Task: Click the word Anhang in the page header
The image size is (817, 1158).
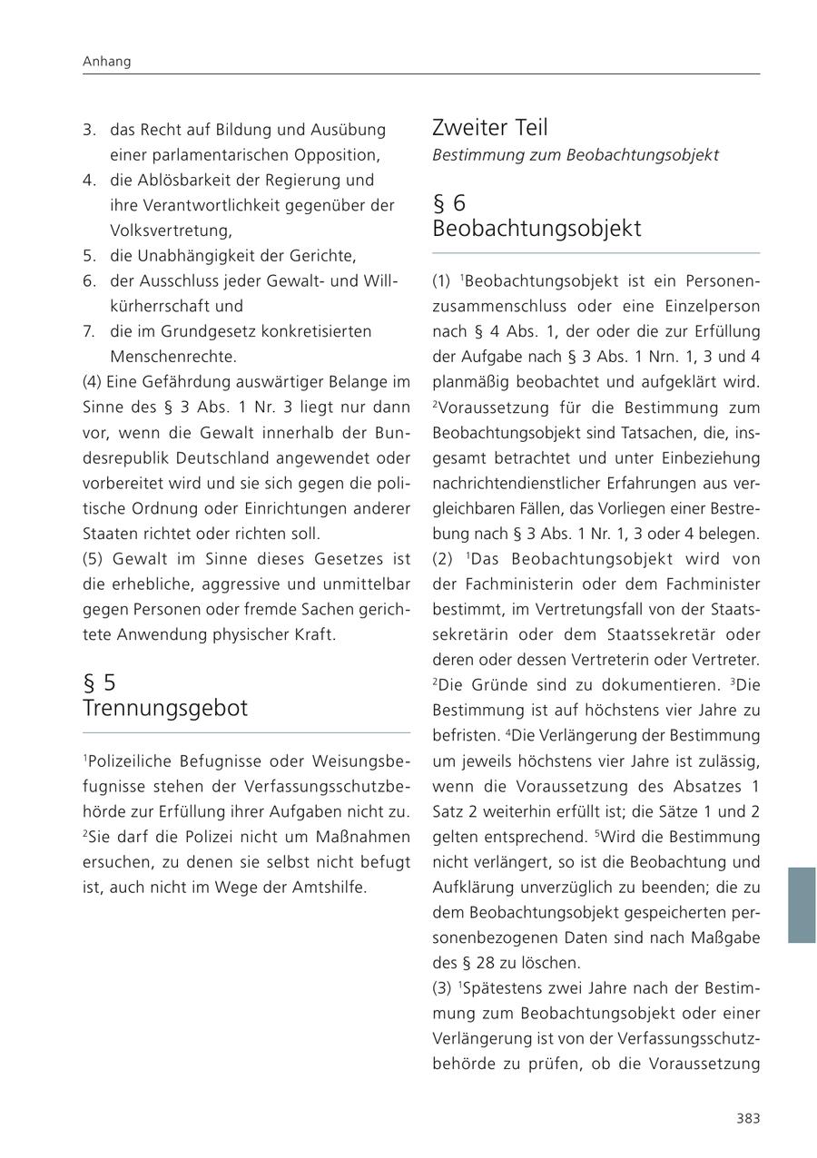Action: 106,62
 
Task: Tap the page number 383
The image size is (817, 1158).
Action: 748,1118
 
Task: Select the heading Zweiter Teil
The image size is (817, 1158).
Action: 490,128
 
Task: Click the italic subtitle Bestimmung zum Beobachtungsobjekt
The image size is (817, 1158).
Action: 576,155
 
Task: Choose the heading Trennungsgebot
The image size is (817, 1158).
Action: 165,708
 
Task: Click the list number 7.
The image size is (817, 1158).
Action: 89,331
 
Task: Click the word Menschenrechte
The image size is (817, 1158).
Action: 172,357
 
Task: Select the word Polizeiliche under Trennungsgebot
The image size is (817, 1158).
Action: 127,760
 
